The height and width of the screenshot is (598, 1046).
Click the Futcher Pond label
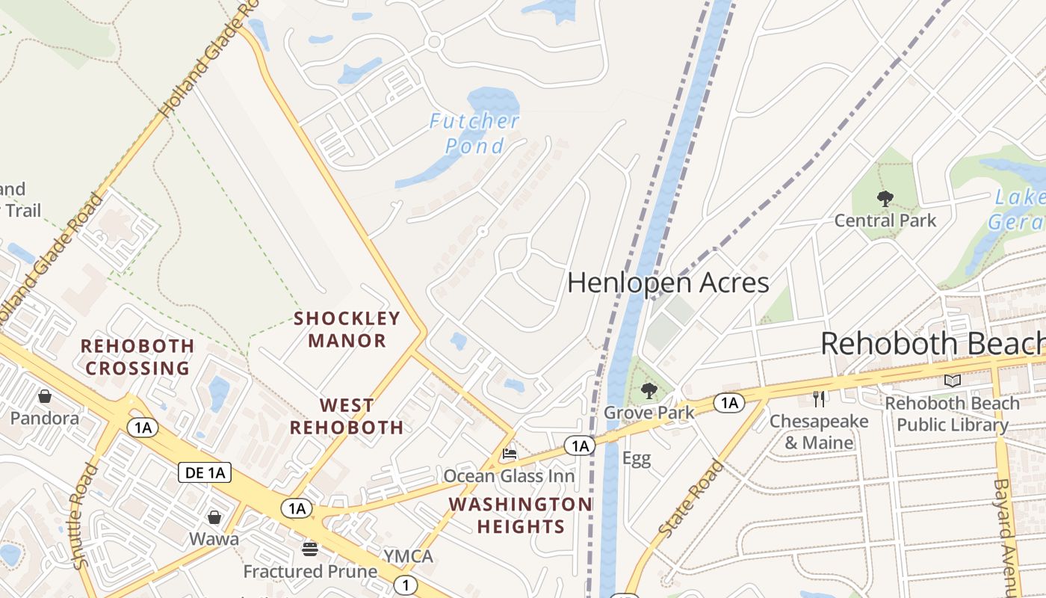point(474,133)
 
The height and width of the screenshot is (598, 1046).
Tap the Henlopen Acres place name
point(668,283)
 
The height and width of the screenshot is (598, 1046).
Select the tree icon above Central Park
point(885,199)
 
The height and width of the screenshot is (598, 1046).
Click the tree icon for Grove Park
point(649,390)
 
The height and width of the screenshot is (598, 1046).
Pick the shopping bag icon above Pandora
point(45,396)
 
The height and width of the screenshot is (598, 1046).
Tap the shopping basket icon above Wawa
point(214,517)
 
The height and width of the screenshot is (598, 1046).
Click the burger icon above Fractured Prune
point(310,549)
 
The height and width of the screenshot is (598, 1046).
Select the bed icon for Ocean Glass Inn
point(510,454)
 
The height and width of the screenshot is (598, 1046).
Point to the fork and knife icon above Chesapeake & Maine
point(820,399)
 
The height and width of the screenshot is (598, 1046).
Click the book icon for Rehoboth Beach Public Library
point(952,381)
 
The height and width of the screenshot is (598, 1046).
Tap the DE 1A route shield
point(204,472)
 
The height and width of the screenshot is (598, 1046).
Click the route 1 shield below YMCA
point(405,585)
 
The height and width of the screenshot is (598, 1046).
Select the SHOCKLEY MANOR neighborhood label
point(347,330)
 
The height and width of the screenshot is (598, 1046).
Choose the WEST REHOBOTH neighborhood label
point(347,416)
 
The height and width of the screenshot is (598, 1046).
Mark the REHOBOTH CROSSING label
point(137,357)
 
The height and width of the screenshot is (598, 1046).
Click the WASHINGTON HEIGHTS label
point(521,515)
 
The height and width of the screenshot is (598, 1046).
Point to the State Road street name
point(692,498)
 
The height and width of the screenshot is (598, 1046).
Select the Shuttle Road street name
point(87,516)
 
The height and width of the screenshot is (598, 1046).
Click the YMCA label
point(408,556)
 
